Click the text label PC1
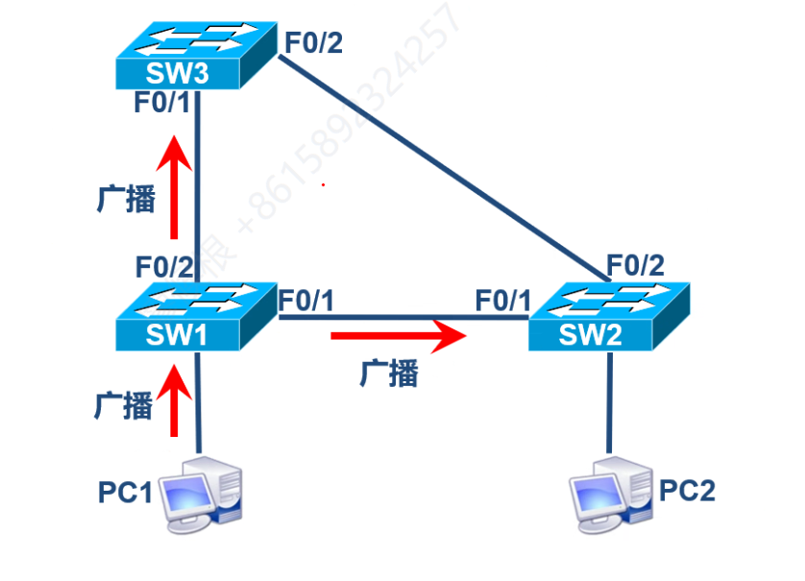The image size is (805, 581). [x=125, y=493]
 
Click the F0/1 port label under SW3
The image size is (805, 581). [x=162, y=103]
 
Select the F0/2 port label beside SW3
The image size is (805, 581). [x=313, y=42]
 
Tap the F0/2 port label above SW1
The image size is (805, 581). [x=164, y=266]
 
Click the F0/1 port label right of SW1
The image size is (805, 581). [x=306, y=300]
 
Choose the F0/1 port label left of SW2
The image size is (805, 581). [x=502, y=300]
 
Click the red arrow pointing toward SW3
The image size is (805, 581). [x=174, y=186]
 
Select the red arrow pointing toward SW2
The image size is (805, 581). [x=398, y=336]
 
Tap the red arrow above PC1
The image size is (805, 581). [x=174, y=403]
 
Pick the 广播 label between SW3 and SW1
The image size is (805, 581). [x=126, y=198]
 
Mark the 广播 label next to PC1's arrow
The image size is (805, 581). [x=124, y=404]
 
